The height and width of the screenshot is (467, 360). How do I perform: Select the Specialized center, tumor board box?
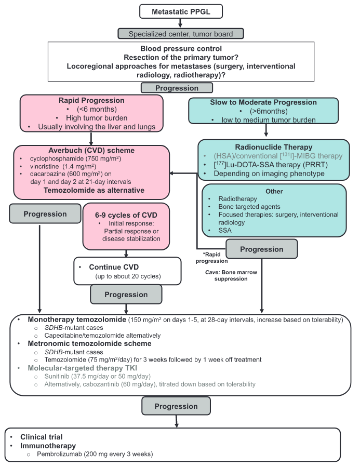(x=180, y=34)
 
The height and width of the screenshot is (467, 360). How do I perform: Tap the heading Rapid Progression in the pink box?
(x=92, y=101)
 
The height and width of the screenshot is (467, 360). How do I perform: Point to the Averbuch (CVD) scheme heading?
(x=91, y=150)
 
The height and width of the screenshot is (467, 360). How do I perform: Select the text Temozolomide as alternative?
(x=92, y=191)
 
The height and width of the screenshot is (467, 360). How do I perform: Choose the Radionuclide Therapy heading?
(x=274, y=147)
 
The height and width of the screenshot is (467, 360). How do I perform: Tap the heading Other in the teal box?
(x=274, y=191)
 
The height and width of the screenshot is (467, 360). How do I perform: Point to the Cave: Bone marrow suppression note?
(x=226, y=275)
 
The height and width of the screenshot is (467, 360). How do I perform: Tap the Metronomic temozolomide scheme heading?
(x=89, y=343)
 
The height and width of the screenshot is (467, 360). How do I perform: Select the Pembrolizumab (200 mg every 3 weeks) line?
(x=95, y=454)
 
